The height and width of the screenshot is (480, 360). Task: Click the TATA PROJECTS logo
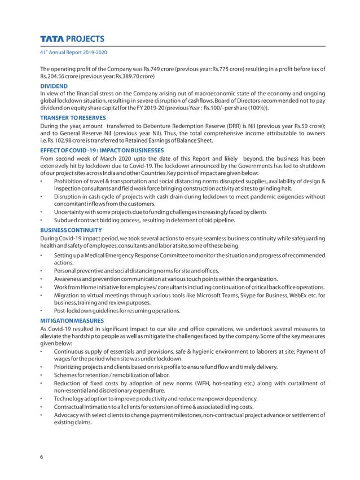[72, 39]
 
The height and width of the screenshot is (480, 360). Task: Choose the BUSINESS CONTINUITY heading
[71, 230]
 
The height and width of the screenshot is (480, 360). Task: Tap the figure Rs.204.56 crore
[62, 77]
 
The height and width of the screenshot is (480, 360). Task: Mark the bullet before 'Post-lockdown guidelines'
[42, 310]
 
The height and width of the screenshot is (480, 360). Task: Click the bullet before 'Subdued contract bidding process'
[42, 219]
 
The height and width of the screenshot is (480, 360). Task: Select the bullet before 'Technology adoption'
[42, 398]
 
